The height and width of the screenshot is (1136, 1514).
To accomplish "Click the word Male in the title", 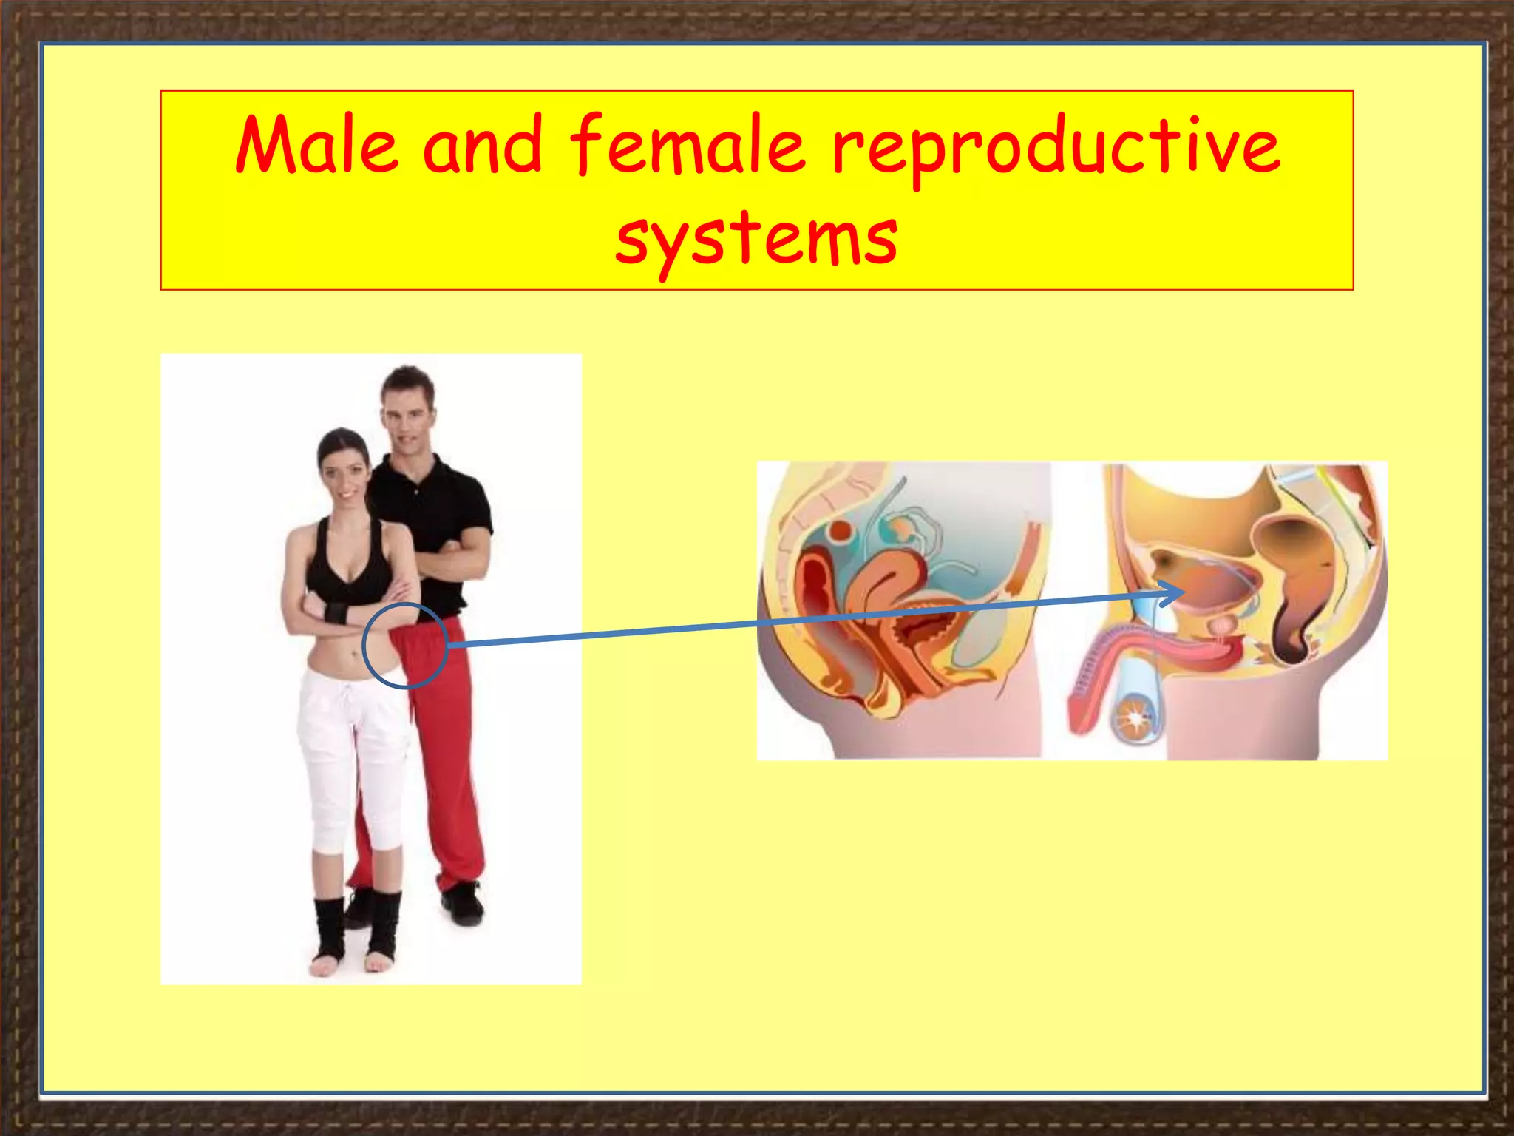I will (316, 146).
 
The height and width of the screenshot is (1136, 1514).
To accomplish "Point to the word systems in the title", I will (756, 238).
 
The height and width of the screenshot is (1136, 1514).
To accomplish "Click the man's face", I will (407, 411).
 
